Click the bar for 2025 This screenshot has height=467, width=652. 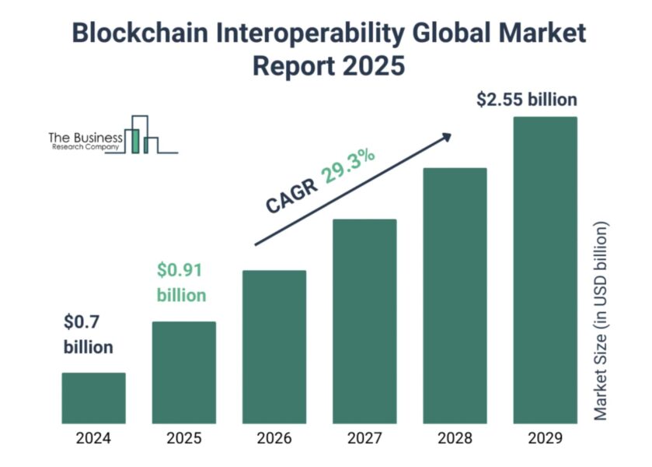pos(183,371)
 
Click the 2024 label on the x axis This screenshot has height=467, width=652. pos(93,438)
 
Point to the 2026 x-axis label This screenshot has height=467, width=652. pos(274,438)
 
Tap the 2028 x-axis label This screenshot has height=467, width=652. pos(454,438)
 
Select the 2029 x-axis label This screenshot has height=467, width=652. pos(544,438)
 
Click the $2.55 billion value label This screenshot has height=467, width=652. pos(526,100)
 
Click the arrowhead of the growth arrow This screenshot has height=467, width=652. pos(445,137)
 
